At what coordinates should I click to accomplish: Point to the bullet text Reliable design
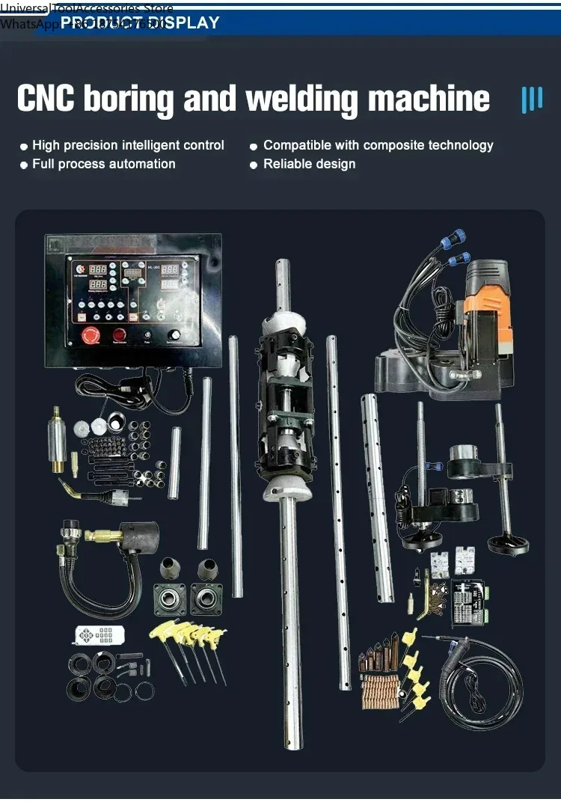pos(309,164)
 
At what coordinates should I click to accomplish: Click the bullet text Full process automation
pos(103,164)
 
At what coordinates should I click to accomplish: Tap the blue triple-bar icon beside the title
pos(531,100)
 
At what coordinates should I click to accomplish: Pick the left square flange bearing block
pos(169,599)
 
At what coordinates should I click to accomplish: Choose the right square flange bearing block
pos(206,599)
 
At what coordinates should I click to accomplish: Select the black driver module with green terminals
pos(470,602)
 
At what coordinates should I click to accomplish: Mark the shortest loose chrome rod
pos(174,462)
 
